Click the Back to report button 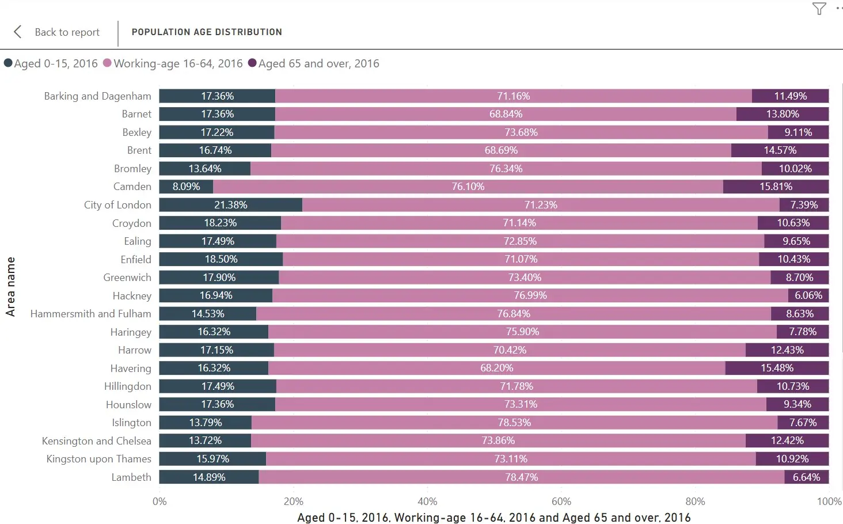[58, 32]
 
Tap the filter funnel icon [819, 9]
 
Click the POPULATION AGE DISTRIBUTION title [207, 32]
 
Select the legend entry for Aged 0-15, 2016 [51, 63]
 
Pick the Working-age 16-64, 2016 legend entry [173, 63]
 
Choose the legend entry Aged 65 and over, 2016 [314, 63]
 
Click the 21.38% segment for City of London [230, 205]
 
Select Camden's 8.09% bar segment [186, 187]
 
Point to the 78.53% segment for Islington [514, 423]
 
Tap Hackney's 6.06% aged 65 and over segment [808, 295]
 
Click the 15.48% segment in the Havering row [777, 368]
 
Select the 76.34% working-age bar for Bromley [506, 169]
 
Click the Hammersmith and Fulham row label [91, 314]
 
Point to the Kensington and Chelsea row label [97, 441]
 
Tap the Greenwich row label [127, 278]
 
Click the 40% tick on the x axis [427, 502]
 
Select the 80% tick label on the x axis [695, 502]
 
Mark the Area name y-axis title [10, 286]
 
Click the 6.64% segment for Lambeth [806, 477]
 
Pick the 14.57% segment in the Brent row [780, 150]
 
